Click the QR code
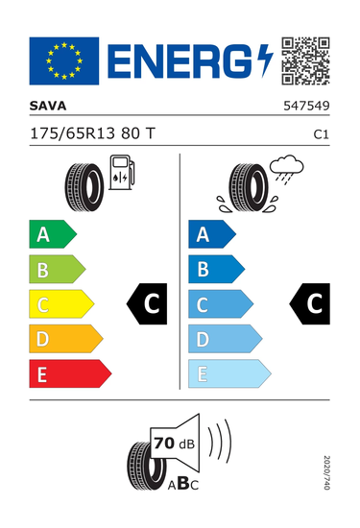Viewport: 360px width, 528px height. pos(305,60)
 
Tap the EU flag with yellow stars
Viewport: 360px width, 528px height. pos(64,60)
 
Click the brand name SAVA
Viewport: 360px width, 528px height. pos(48,106)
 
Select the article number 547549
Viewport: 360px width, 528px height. pos(306,106)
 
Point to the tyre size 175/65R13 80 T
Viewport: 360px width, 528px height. pos(92,133)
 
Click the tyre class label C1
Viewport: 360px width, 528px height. pos(321,134)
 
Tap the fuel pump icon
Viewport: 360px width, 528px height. pos(122,172)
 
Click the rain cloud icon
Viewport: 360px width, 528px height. pos(287,169)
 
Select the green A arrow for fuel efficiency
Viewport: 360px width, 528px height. pos(53,234)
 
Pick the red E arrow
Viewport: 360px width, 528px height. pos(70,373)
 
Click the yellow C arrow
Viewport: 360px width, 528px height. pos(61,304)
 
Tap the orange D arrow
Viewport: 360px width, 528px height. pos(66,339)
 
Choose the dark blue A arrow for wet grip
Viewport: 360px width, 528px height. pos(212,234)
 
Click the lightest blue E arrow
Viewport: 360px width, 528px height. pos(229,373)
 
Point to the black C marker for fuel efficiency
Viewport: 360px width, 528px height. pos(147,304)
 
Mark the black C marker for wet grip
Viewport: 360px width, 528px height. pos(310,304)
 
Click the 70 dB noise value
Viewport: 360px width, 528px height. pos(174,444)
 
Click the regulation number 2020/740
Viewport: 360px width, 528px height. pos(326,472)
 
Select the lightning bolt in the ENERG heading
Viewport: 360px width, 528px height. pos(265,60)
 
